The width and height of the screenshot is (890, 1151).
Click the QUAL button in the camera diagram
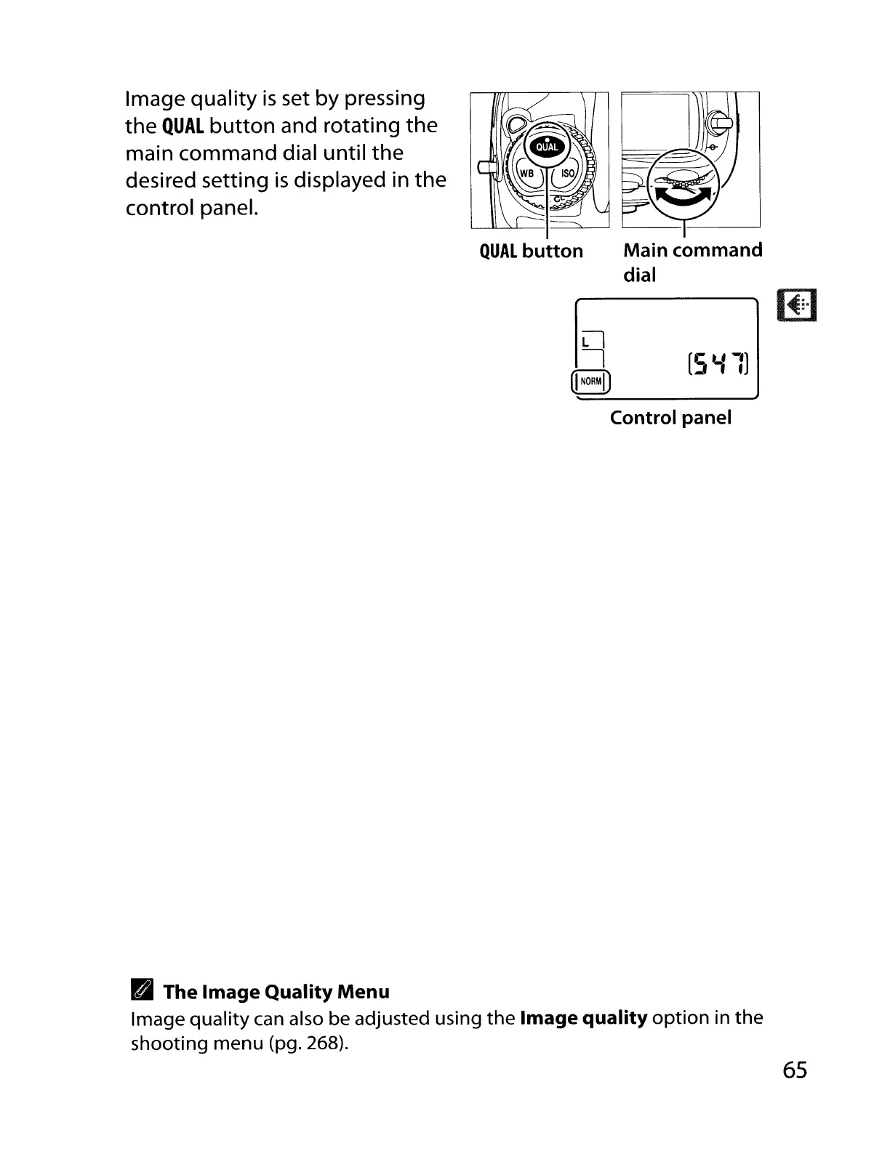coord(547,147)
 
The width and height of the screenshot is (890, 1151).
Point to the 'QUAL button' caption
coord(532,251)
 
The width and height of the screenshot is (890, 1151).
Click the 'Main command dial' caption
coord(692,262)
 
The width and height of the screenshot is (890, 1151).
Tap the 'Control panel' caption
coord(670,418)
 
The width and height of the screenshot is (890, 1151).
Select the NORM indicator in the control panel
coord(591,381)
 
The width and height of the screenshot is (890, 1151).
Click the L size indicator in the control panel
coord(587,341)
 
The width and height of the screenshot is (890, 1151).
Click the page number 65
coord(795,1070)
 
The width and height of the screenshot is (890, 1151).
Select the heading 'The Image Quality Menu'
coord(276,992)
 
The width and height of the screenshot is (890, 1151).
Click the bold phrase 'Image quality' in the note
coord(584,1017)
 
